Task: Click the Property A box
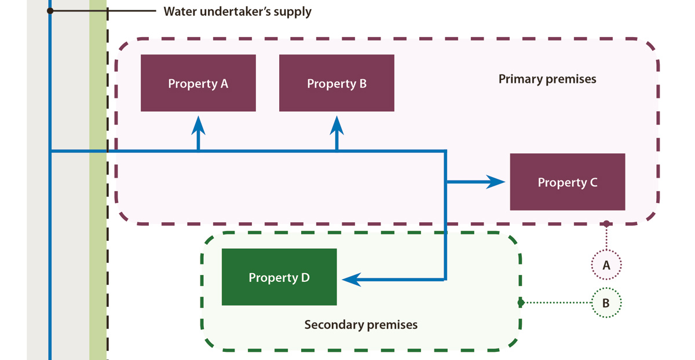pos(198,83)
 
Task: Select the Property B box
pos(336,83)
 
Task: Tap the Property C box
pos(567,182)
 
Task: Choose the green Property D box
pos(279,277)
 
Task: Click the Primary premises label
pos(547,79)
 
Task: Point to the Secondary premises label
pos(361,324)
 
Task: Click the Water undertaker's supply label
pos(237,11)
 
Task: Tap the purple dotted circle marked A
pos(606,265)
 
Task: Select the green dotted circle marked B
pos(606,303)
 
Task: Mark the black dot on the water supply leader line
pos(50,11)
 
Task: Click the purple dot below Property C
pos(606,223)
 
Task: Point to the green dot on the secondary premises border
pos(521,303)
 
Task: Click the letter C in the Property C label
pos(593,182)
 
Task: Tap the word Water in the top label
pos(180,11)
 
